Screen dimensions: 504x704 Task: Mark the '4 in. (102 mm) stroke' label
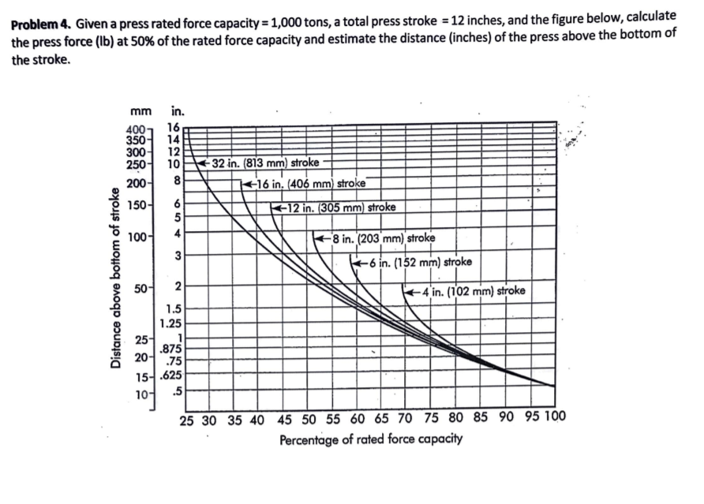click(x=469, y=290)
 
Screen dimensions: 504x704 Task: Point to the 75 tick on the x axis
click(x=432, y=419)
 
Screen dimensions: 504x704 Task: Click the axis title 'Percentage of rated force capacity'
click(x=370, y=439)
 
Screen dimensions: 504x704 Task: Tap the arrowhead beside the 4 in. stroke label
click(x=408, y=291)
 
